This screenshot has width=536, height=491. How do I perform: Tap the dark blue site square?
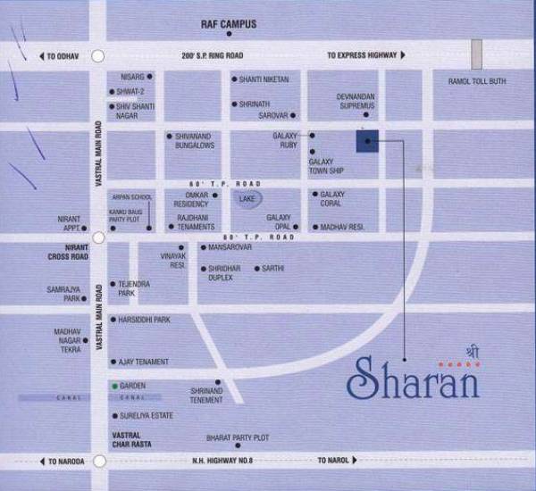[367, 141]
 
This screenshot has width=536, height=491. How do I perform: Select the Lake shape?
[247, 200]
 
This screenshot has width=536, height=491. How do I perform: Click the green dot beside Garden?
[113, 385]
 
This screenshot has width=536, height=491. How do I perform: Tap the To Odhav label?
[63, 55]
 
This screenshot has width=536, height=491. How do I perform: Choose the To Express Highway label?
[361, 55]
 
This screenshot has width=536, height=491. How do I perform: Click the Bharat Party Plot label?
[236, 437]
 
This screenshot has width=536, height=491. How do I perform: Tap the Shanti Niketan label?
[264, 79]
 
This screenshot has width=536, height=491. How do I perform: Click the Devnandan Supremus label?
[356, 101]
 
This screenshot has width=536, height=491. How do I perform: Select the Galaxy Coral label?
[332, 199]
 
